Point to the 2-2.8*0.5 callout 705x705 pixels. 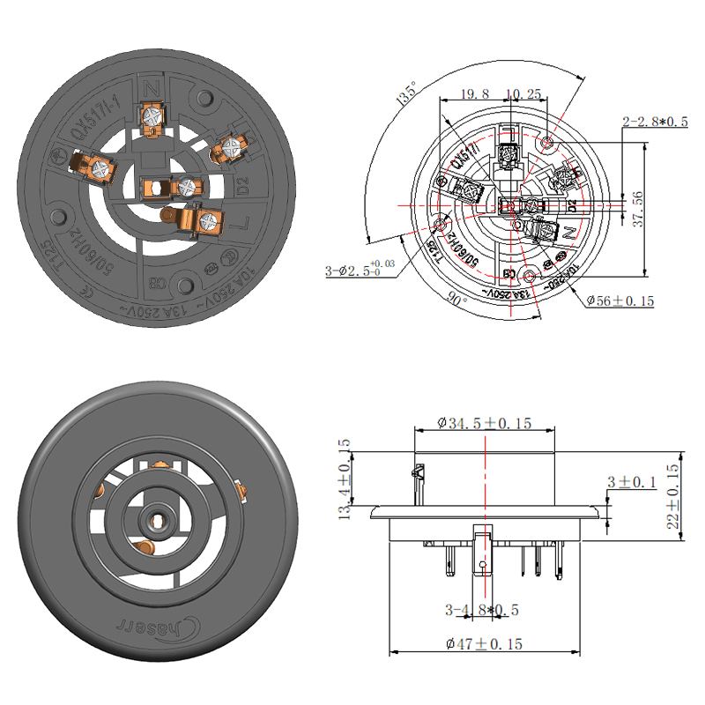[656, 121]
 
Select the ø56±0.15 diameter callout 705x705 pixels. [620, 301]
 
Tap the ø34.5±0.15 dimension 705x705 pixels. [485, 423]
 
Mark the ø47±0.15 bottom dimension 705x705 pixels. [483, 644]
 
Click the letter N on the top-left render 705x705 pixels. [154, 88]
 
